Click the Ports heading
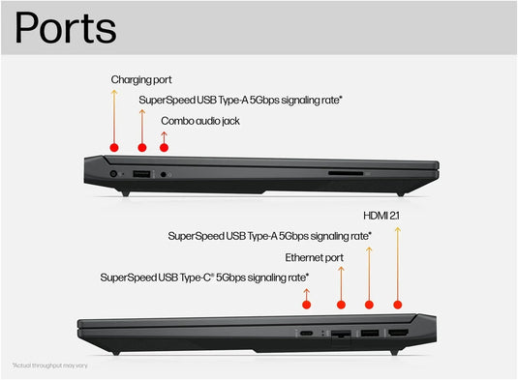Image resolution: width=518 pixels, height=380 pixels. pyautogui.click(x=65, y=28)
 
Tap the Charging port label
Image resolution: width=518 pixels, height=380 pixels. pyautogui.click(x=141, y=79)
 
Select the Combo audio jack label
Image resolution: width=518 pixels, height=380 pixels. pyautogui.click(x=200, y=121)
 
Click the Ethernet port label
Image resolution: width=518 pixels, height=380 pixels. pyautogui.click(x=314, y=257)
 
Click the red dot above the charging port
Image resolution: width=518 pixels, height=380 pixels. pyautogui.click(x=114, y=147)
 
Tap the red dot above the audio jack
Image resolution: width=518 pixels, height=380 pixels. pyautogui.click(x=164, y=147)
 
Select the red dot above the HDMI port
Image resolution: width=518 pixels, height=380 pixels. pyautogui.click(x=397, y=305)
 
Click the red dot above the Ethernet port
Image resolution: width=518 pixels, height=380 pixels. pyautogui.click(x=341, y=305)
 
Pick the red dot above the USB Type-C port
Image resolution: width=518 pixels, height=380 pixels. pyautogui.click(x=306, y=305)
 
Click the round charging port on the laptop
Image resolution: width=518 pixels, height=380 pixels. pyautogui.click(x=115, y=173)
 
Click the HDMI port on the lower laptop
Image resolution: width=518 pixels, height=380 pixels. pyautogui.click(x=397, y=333)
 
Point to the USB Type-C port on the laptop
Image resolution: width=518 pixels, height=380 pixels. pyautogui.click(x=306, y=334)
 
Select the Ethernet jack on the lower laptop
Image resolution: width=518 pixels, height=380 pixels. pyautogui.click(x=341, y=334)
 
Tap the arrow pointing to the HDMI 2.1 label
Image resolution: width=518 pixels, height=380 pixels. pyautogui.click(x=397, y=261)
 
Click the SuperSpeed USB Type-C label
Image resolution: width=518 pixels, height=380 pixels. pyautogui.click(x=204, y=278)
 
